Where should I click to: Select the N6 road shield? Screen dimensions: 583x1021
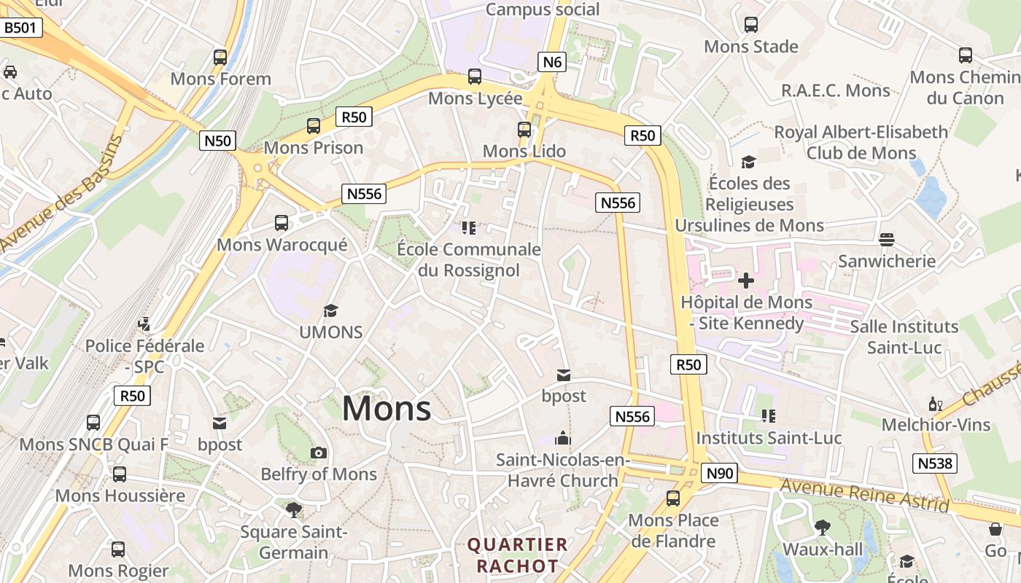552,62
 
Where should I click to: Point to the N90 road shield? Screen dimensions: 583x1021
720,474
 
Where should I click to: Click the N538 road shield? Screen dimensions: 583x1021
935,463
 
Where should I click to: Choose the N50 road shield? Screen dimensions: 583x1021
217,141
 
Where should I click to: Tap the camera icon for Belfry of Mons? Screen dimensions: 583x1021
319,453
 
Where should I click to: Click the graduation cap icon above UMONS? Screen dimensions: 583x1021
331,311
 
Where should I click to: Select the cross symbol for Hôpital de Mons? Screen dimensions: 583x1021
746,280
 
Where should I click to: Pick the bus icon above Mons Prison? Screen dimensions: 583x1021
314,126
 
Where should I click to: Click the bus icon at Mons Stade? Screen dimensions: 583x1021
750,25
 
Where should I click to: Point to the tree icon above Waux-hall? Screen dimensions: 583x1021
823,527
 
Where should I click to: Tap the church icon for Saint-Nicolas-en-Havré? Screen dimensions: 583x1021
563,438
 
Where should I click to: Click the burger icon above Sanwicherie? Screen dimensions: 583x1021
887,239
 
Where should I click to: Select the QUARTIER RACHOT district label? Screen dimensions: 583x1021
518,555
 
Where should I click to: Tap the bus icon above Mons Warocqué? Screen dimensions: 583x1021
282,223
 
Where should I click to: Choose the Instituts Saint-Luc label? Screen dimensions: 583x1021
769,438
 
